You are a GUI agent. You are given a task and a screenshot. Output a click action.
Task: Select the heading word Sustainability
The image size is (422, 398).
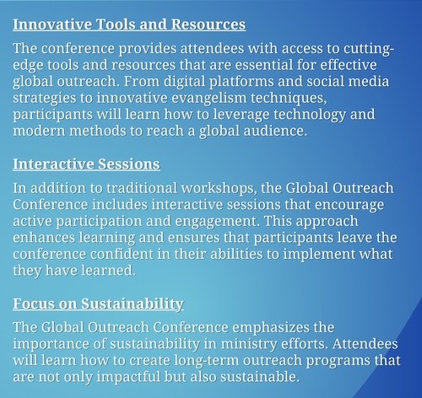[x=133, y=304]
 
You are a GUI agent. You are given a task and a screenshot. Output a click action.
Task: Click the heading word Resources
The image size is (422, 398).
[x=208, y=24]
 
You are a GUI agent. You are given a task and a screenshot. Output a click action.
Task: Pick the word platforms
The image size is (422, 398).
[x=241, y=82]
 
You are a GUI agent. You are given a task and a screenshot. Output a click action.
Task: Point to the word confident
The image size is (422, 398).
[x=122, y=254]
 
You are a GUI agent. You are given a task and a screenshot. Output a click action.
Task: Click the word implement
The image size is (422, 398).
[x=319, y=255]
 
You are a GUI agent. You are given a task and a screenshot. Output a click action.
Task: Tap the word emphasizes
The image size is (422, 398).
[x=271, y=328]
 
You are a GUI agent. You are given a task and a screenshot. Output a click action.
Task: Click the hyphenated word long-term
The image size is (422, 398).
[x=206, y=361]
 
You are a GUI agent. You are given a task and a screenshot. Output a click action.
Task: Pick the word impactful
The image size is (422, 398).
[x=128, y=378]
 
